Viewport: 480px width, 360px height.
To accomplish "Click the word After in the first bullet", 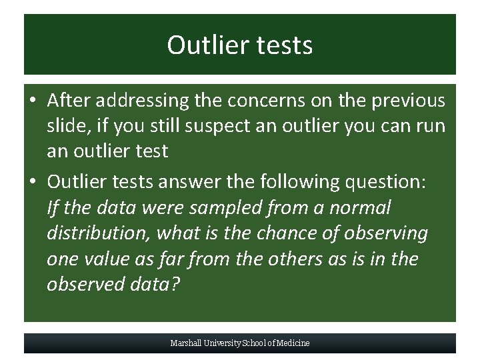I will [69, 101].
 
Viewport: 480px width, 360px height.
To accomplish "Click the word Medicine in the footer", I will [293, 343].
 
